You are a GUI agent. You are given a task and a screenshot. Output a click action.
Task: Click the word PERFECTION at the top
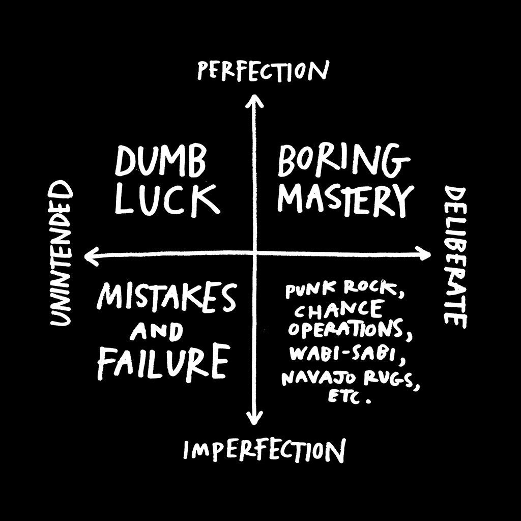(x=263, y=70)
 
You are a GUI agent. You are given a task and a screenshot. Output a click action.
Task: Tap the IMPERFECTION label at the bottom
(x=264, y=450)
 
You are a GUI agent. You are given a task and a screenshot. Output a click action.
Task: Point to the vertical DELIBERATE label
(x=455, y=257)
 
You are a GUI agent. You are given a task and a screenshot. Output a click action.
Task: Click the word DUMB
(x=160, y=162)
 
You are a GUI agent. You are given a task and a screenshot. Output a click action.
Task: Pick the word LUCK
(x=167, y=199)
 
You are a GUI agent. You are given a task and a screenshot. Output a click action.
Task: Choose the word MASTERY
(x=346, y=199)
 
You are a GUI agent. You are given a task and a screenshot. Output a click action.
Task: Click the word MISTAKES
(x=166, y=297)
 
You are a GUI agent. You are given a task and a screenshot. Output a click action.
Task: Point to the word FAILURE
(x=163, y=362)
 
